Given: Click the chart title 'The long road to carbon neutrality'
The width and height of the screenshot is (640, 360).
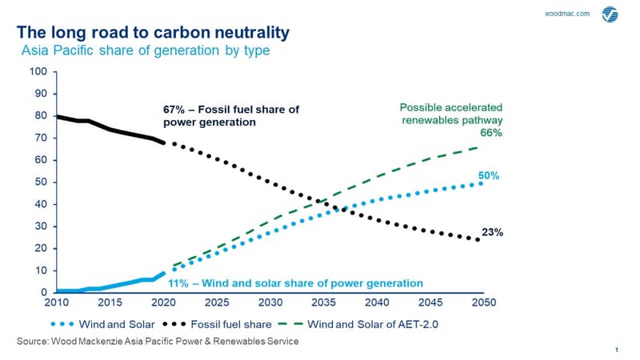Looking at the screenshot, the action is click(x=153, y=33).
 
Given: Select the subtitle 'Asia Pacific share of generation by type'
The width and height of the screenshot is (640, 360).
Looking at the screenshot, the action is click(x=146, y=50).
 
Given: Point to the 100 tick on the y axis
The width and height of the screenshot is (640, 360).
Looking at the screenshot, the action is click(x=38, y=71).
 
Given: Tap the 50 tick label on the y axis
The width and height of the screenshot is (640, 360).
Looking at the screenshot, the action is click(x=41, y=182).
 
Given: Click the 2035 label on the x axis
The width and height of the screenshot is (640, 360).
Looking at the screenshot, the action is click(x=324, y=302).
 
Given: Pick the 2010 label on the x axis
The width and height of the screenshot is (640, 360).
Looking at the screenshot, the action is click(x=56, y=302).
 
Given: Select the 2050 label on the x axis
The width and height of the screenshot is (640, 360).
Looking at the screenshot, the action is click(x=484, y=302).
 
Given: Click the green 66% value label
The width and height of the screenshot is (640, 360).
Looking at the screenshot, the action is click(x=491, y=133).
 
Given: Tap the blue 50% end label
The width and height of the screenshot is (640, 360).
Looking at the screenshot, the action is click(x=489, y=175).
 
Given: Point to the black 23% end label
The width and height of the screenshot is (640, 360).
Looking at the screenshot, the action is click(x=492, y=232).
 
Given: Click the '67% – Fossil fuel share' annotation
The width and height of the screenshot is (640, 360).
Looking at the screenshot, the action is click(x=231, y=116).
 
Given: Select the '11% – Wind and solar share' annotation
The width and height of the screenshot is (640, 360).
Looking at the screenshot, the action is click(x=295, y=283).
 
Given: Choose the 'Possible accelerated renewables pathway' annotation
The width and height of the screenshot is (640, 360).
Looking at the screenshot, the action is click(x=451, y=114).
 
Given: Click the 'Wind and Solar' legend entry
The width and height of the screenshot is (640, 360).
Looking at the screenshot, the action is click(x=103, y=325).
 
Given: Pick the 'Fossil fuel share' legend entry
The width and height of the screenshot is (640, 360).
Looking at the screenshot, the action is click(x=217, y=325).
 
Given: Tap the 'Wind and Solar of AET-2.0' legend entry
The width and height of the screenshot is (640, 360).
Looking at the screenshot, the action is click(x=358, y=325).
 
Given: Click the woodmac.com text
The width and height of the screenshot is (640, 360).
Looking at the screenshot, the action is click(x=567, y=14).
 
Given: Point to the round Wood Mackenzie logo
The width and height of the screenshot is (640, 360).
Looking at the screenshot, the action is click(x=610, y=14).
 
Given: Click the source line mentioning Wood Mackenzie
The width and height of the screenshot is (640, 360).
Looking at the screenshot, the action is click(x=158, y=342).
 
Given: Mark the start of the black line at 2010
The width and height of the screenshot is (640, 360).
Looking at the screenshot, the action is click(x=57, y=117).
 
